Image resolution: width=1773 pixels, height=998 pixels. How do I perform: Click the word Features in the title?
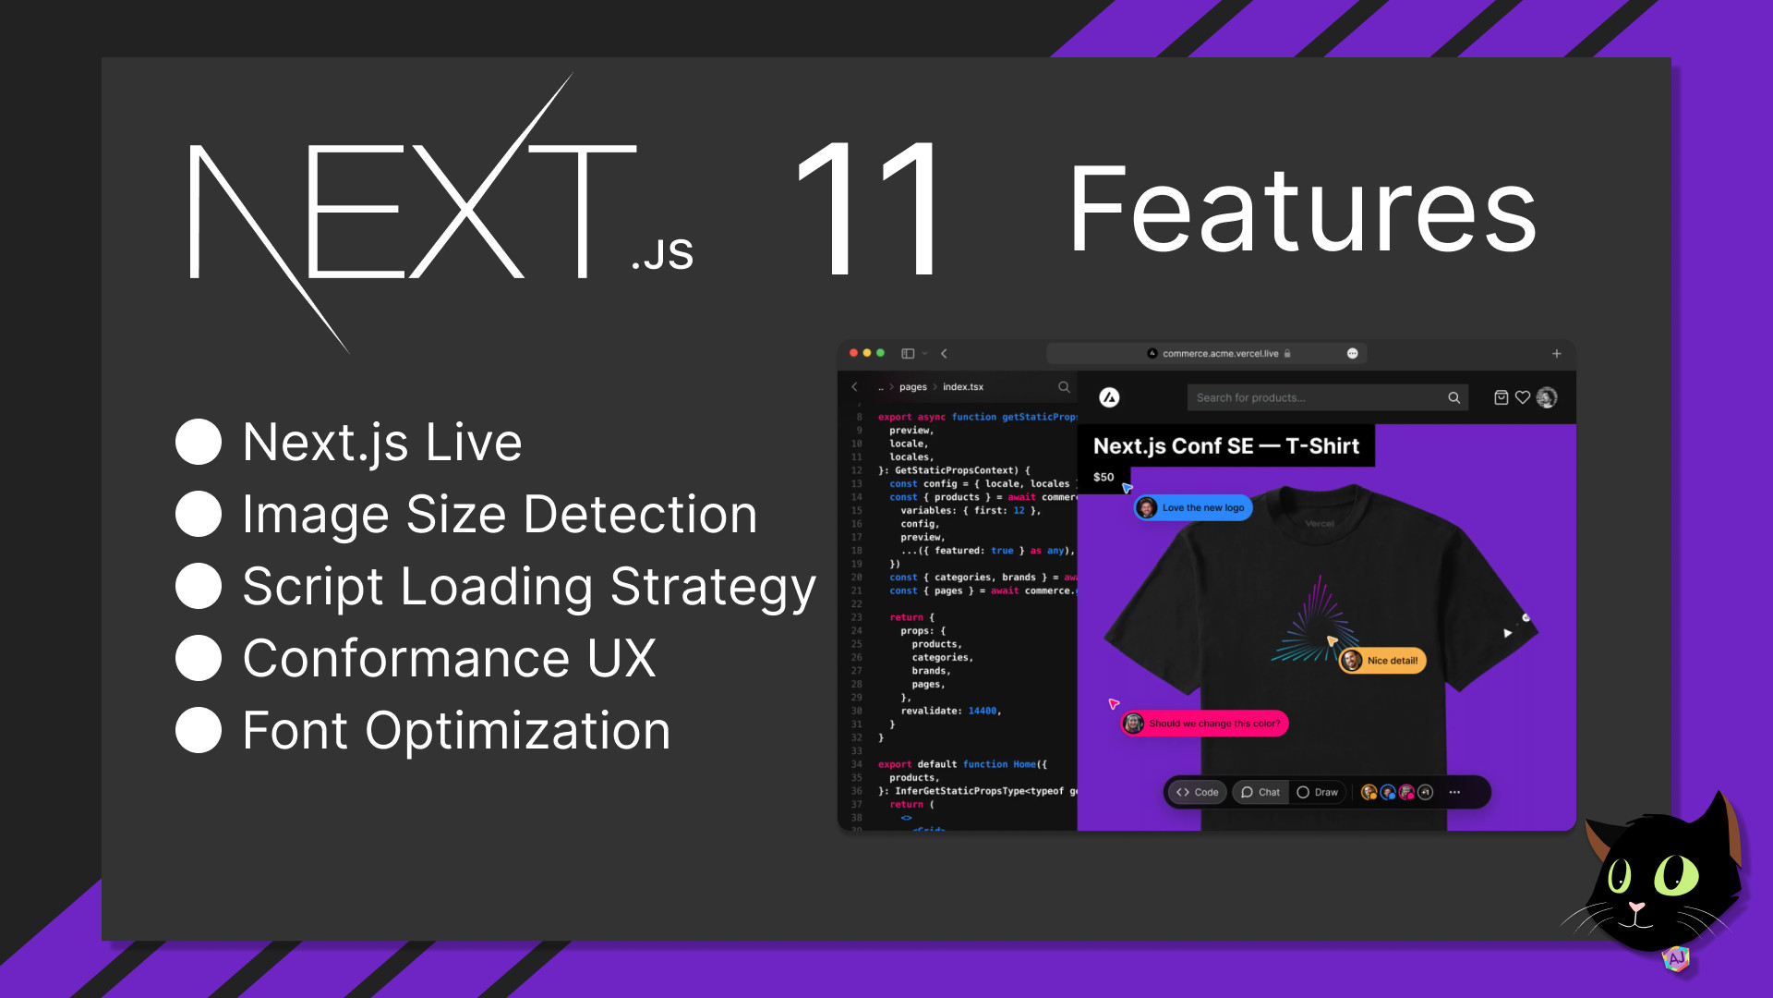pos(1302,211)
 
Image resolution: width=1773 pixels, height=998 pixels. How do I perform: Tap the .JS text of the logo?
pos(662,254)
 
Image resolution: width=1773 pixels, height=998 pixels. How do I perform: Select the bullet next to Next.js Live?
pos(199,442)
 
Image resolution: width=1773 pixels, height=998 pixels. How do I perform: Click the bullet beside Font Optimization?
pos(199,730)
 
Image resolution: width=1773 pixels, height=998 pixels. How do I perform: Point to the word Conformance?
pos(406,658)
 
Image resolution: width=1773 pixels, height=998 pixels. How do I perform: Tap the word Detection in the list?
pos(582,515)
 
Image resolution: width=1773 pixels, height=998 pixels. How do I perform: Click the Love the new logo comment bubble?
pos(1193,507)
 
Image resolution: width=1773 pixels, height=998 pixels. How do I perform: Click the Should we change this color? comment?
pos(1204,724)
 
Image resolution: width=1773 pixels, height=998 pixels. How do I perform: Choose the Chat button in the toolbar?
pos(1260,792)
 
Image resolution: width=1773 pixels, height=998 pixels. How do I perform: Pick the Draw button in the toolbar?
pos(1318,792)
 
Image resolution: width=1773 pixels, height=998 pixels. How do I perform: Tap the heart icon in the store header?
pos(1523,397)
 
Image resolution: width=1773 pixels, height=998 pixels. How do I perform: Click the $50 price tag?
pos(1104,477)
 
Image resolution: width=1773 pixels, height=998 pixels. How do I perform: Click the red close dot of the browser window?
pos(853,353)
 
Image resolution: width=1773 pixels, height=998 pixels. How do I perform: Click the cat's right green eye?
pos(1675,874)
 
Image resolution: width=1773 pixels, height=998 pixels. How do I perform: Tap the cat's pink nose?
pos(1636,908)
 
